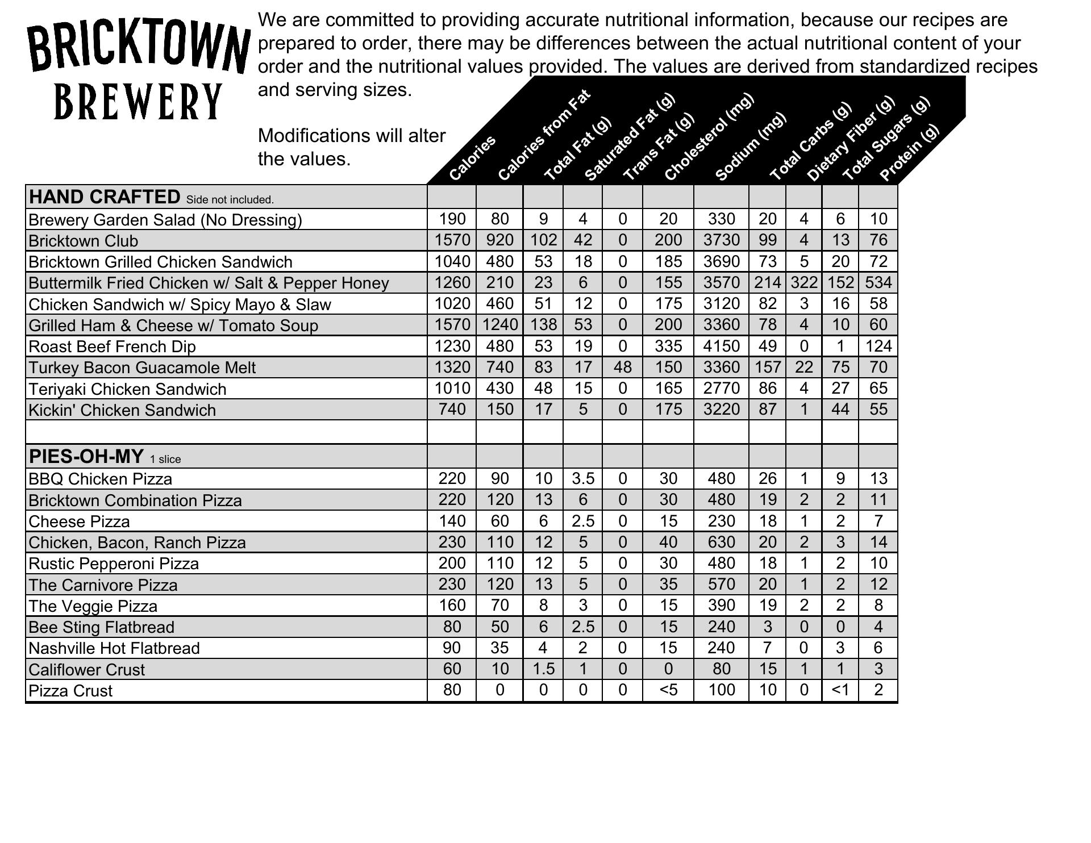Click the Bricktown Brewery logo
pyautogui.click(x=138, y=70)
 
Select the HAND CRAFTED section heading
pyautogui.click(x=105, y=197)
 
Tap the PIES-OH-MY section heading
pyautogui.click(x=86, y=456)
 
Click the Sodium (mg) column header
pyautogui.click(x=751, y=146)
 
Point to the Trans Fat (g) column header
pyautogui.click(x=659, y=147)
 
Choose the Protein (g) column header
pyautogui.click(x=909, y=152)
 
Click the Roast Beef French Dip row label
pyautogui.click(x=112, y=347)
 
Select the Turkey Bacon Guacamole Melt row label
pyautogui.click(x=142, y=368)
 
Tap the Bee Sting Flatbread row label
pyautogui.click(x=101, y=627)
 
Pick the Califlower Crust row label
pyautogui.click(x=86, y=670)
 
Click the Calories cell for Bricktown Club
pyautogui.click(x=452, y=240)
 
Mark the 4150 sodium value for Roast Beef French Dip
pyautogui.click(x=721, y=346)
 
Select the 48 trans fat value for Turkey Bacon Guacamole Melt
pyautogui.click(x=622, y=367)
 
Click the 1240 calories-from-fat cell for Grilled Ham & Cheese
pyautogui.click(x=499, y=325)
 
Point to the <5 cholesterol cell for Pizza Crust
pyautogui.click(x=668, y=690)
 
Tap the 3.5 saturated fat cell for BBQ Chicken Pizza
pyautogui.click(x=582, y=479)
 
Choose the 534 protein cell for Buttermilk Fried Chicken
pyautogui.click(x=878, y=282)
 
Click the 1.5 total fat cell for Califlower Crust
pyautogui.click(x=543, y=669)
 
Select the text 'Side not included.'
pyautogui.click(x=230, y=199)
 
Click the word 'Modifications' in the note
pyautogui.click(x=314, y=136)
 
